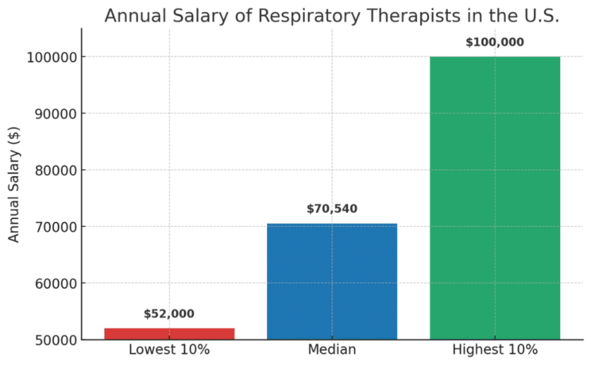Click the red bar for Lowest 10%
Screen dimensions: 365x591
click(169, 333)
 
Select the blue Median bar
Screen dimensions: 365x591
click(332, 281)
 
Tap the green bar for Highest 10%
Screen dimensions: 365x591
click(495, 197)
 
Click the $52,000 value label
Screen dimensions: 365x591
click(169, 314)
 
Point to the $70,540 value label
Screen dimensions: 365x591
click(332, 208)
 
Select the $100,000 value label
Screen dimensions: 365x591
click(495, 41)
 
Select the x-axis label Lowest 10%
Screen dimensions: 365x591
click(169, 350)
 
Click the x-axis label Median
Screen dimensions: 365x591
click(332, 350)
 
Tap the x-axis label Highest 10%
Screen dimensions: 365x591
click(495, 350)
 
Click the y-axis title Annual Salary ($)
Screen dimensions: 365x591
click(14, 185)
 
